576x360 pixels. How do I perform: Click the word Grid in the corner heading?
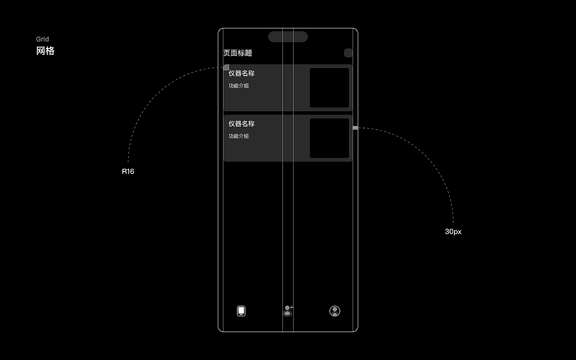pos(42,39)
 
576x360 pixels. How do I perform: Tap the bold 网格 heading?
pos(45,51)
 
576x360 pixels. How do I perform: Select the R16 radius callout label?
pos(128,171)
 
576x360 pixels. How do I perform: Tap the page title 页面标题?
pos(238,53)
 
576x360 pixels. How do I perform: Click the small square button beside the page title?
pos(348,53)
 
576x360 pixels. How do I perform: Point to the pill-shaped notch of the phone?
pos(288,37)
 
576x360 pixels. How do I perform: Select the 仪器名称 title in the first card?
pos(242,73)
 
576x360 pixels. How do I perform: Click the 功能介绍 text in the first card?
pos(238,86)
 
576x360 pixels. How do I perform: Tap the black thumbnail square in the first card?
pos(329,88)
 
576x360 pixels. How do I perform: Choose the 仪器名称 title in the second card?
pos(242,124)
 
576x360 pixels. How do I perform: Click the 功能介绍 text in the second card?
pos(238,136)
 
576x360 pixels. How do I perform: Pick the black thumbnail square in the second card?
pos(329,138)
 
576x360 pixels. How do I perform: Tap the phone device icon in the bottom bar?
pos(241,311)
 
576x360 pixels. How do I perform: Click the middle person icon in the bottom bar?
pos(288,310)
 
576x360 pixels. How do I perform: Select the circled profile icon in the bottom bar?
pos(335,311)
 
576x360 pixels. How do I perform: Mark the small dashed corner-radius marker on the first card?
pos(226,67)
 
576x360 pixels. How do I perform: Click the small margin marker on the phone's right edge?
pos(355,128)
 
